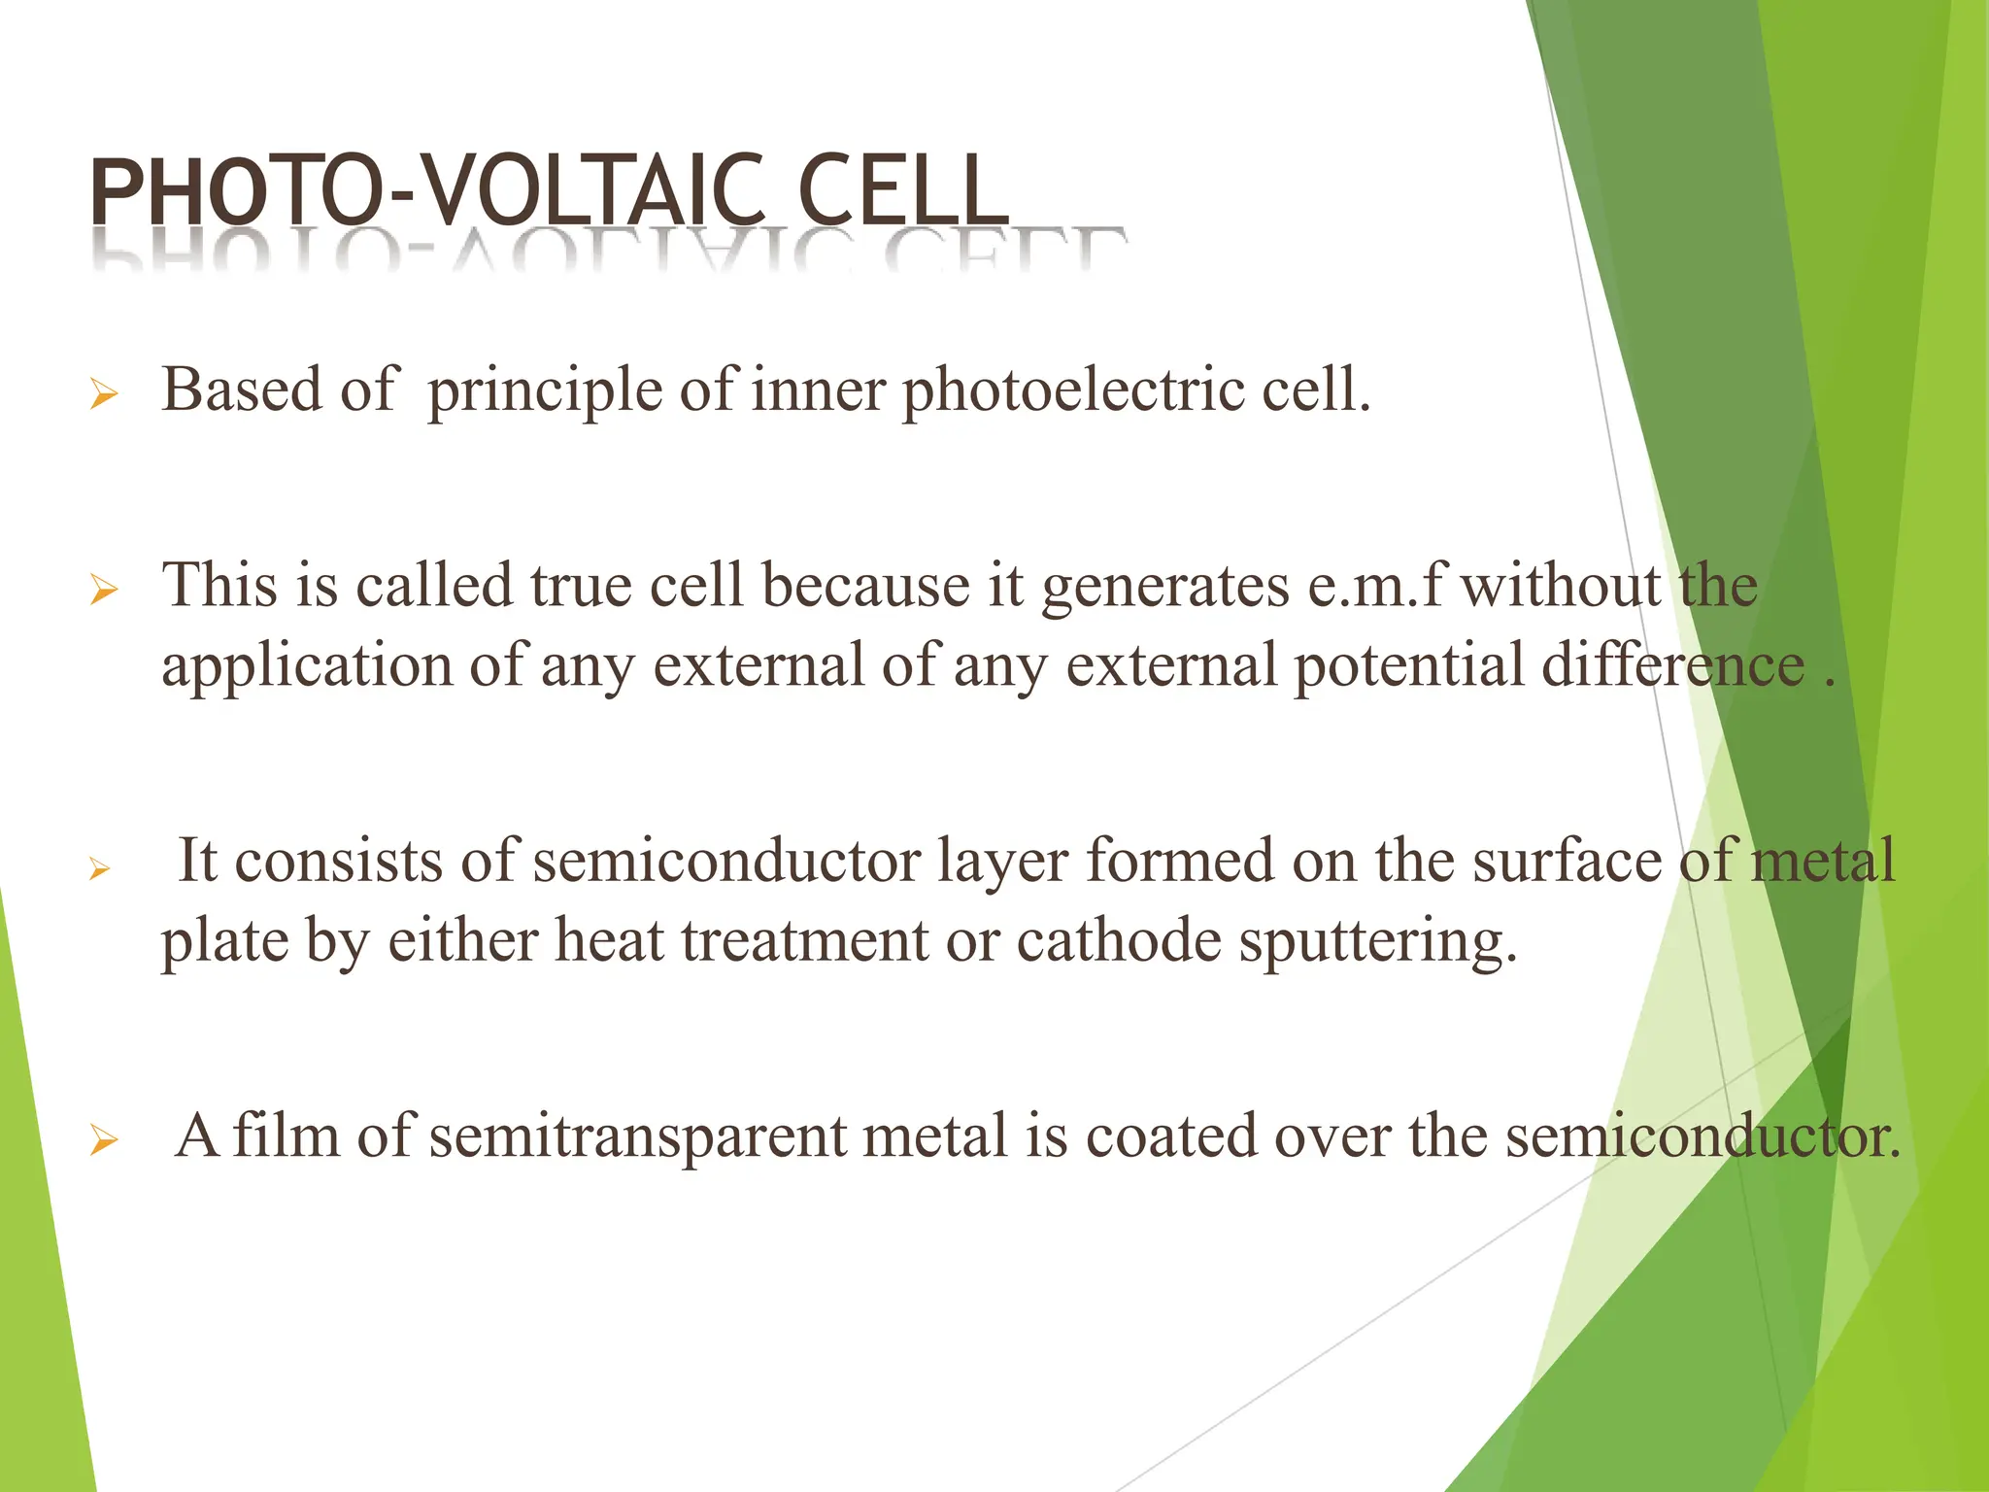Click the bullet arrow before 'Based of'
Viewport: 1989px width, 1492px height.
(103, 395)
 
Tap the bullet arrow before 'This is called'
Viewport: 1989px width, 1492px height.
(103, 590)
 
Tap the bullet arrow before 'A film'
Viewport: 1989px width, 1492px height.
(103, 1140)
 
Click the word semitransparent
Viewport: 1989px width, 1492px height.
(637, 1136)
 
